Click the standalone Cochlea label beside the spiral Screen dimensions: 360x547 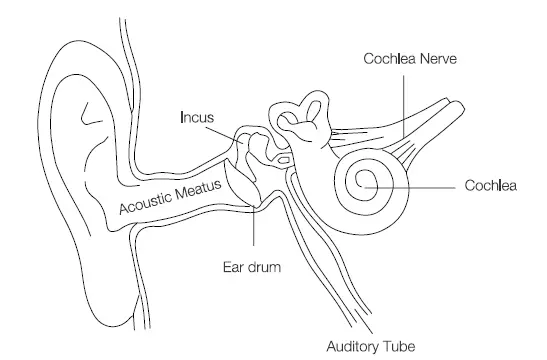click(x=490, y=185)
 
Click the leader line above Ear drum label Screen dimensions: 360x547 click(x=255, y=230)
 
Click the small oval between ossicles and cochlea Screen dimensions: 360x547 click(x=286, y=160)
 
